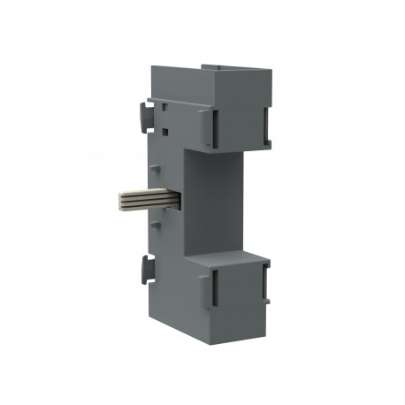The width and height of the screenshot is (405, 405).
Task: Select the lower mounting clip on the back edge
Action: click(145, 271)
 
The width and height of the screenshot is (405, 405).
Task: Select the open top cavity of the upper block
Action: click(234, 69)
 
